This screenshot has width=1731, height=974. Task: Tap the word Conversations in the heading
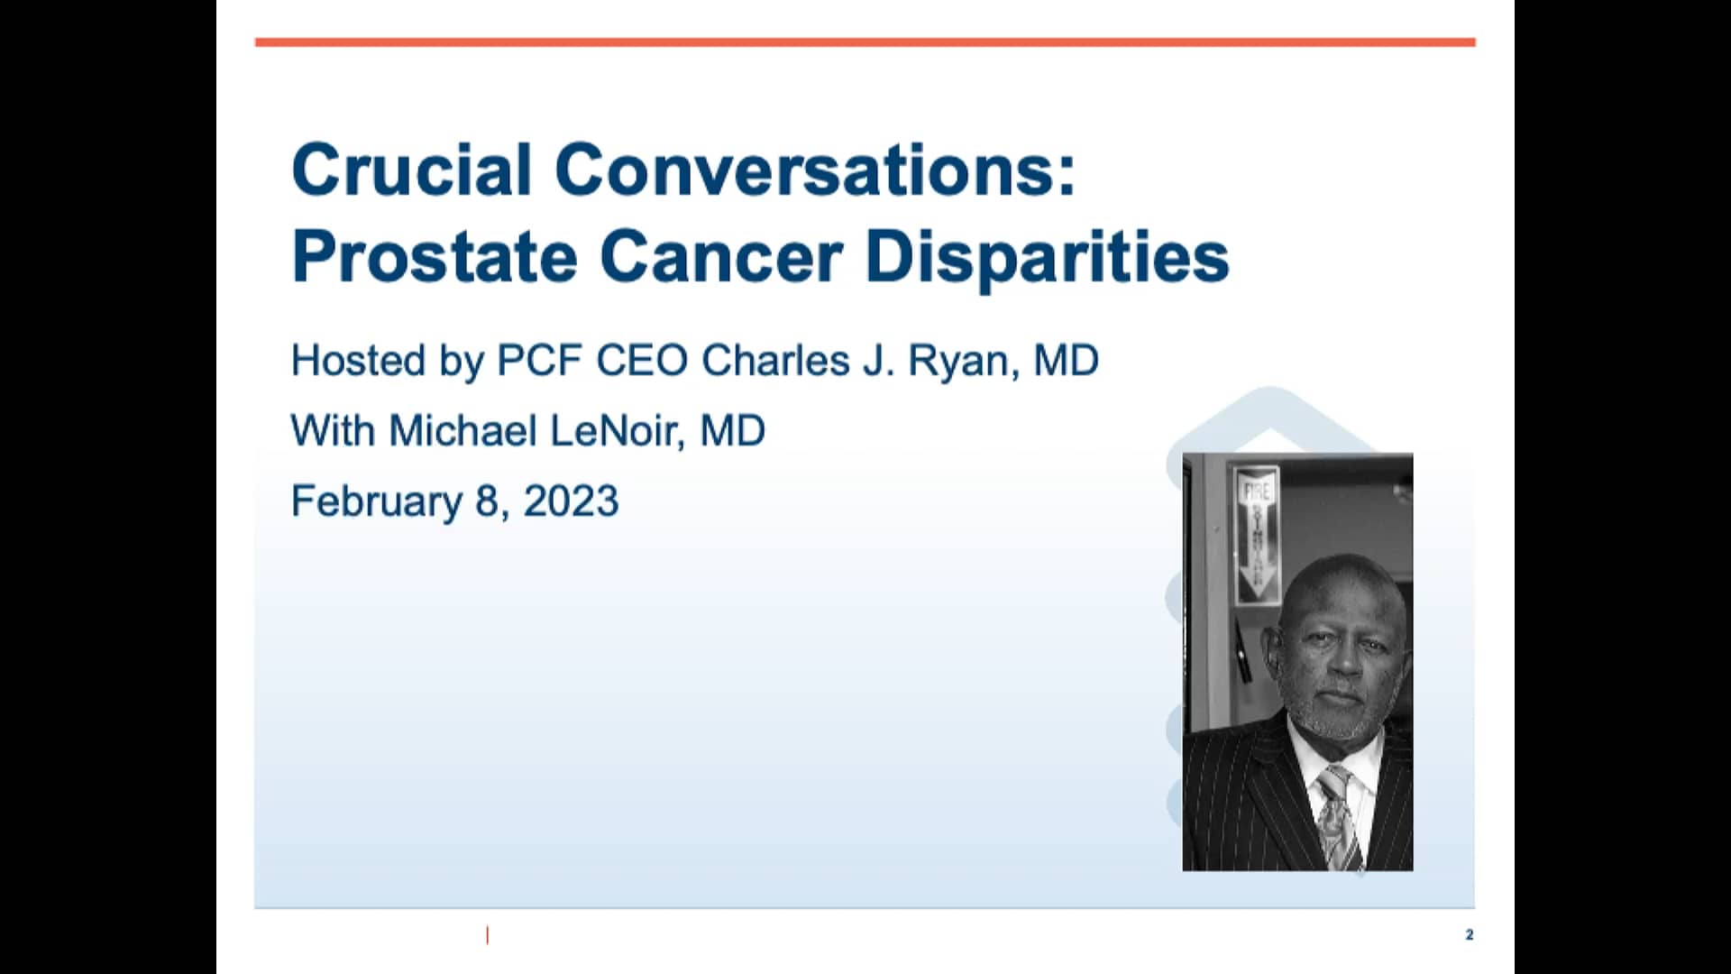[x=814, y=170]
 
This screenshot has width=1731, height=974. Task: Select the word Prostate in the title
[x=435, y=257]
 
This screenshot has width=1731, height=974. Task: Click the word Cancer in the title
[x=721, y=257]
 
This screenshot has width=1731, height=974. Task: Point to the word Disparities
[x=1047, y=257]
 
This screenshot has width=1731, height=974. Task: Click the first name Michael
[x=463, y=431]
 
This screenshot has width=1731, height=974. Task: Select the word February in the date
[x=376, y=502]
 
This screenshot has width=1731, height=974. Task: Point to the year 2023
[x=571, y=501]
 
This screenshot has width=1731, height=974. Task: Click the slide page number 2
[x=1469, y=934]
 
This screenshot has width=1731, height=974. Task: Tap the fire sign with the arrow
[x=1257, y=534]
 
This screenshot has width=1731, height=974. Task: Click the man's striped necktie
[x=1335, y=816]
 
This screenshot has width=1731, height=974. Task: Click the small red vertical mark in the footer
[x=488, y=935]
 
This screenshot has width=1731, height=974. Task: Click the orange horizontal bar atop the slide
[x=865, y=42]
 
